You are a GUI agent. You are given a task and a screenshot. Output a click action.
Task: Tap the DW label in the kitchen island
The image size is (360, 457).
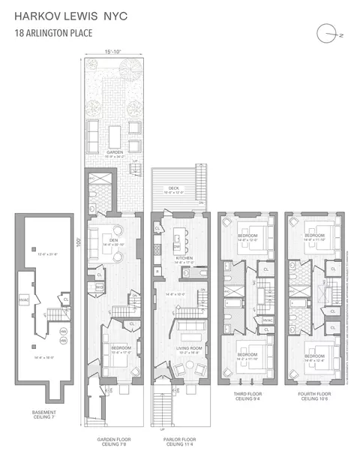[x=177, y=245]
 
